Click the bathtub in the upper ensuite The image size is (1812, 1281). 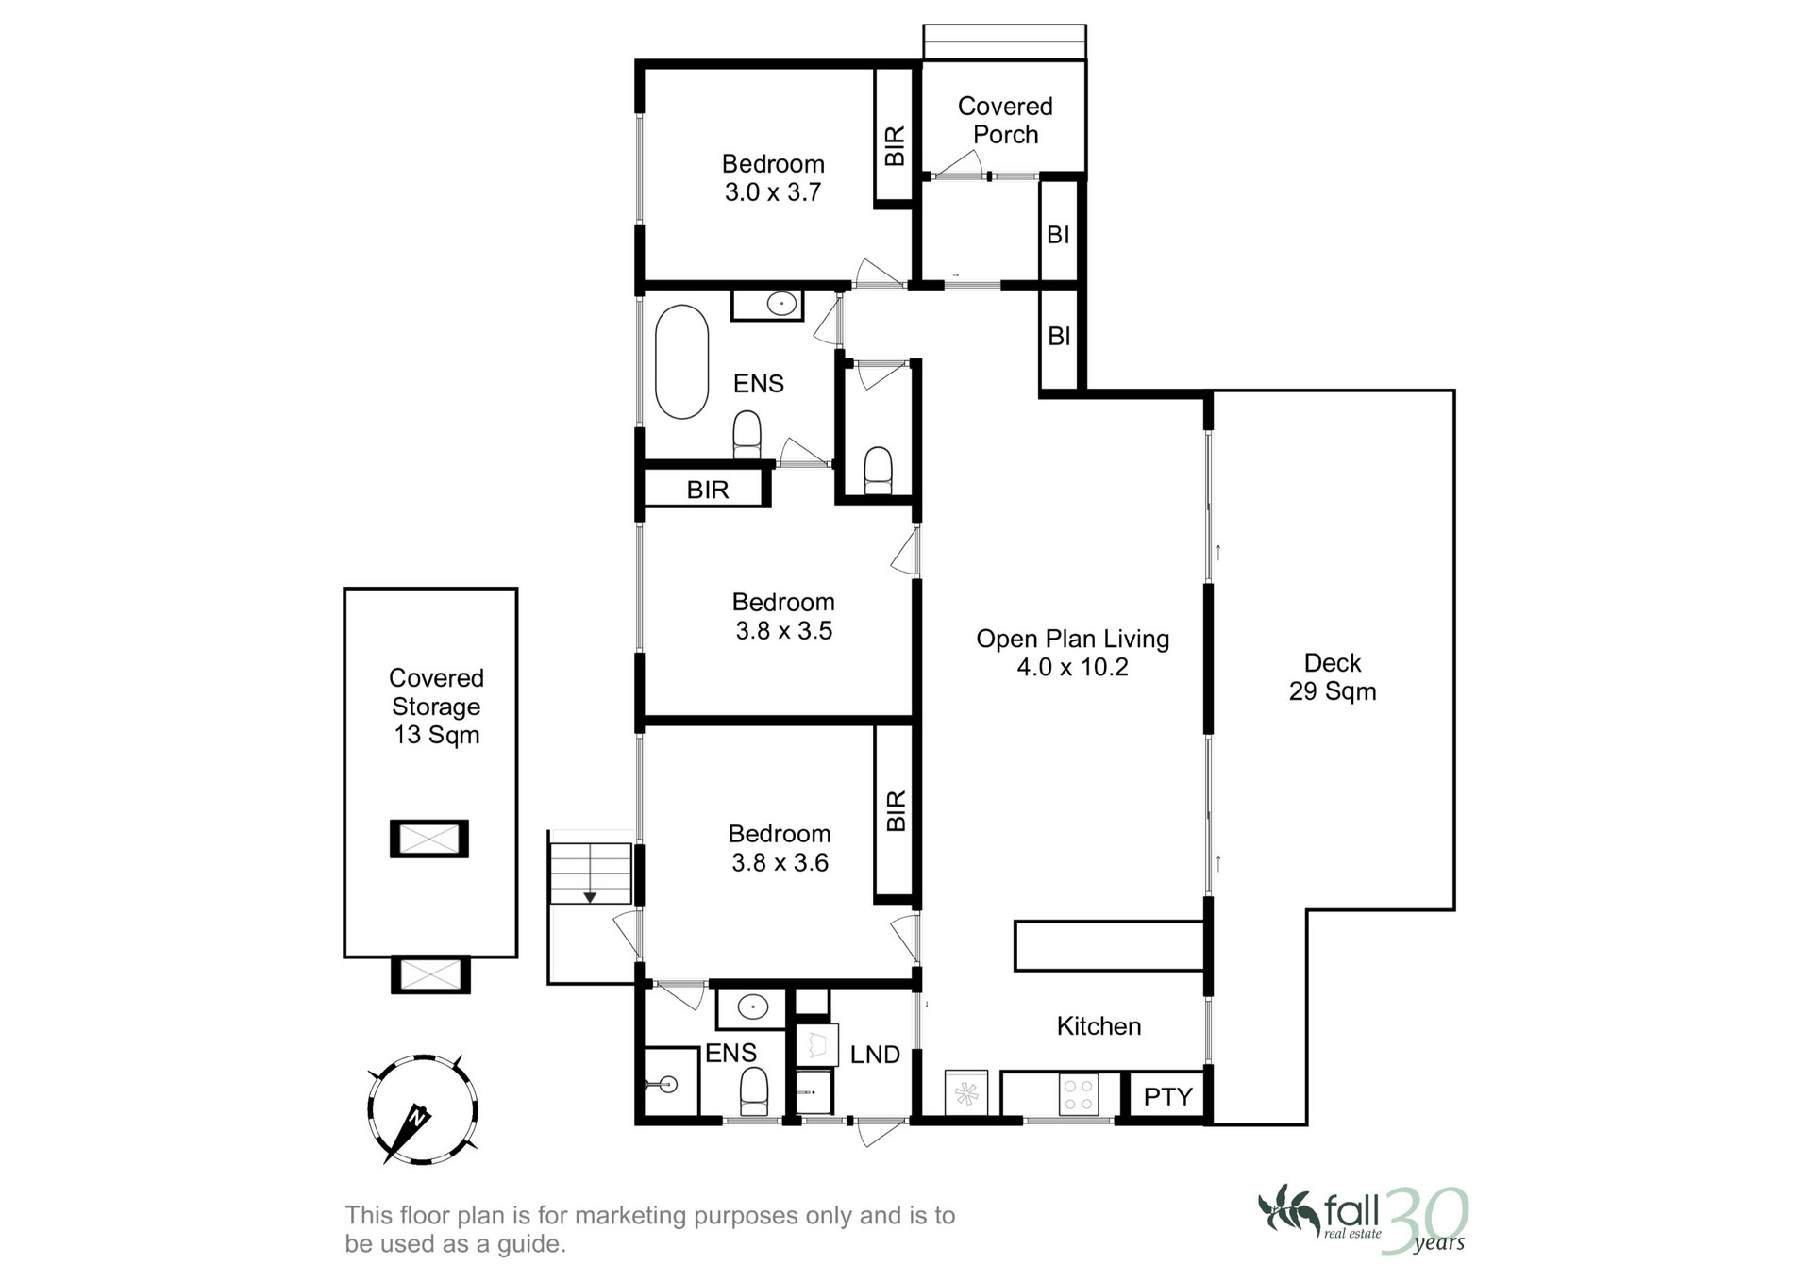[681, 361]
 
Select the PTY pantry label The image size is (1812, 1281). [1168, 1096]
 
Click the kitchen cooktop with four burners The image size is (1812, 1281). [1078, 1094]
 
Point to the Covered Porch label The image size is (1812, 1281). [1005, 121]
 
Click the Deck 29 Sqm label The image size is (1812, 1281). [1333, 677]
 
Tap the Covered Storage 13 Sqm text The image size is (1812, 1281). [436, 707]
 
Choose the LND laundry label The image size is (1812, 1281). [875, 1055]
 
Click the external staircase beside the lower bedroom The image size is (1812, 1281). [590, 873]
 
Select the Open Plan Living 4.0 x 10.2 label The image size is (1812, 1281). [1073, 653]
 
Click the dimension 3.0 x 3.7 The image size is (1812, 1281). [773, 192]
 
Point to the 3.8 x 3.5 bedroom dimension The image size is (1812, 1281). [784, 631]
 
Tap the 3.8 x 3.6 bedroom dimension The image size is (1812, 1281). [780, 863]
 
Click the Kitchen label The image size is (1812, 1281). [1099, 1026]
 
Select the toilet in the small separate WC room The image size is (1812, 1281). [878, 470]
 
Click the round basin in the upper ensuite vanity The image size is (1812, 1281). [780, 304]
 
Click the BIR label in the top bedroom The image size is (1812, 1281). [895, 146]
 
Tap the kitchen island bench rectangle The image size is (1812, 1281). [1109, 946]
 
